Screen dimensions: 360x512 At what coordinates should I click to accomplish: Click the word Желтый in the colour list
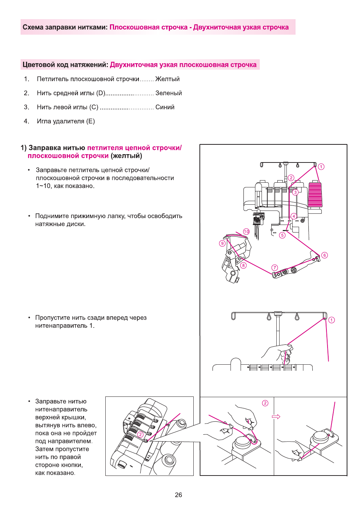click(167, 79)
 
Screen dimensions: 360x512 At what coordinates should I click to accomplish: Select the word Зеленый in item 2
click(168, 93)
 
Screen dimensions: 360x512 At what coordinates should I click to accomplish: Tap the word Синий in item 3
click(165, 107)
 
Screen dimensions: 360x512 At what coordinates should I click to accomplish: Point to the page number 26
click(178, 495)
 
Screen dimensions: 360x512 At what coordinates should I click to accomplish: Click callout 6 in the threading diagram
click(325, 255)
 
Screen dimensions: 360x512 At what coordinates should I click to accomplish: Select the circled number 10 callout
click(246, 231)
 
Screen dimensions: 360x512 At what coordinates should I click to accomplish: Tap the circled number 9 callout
click(222, 243)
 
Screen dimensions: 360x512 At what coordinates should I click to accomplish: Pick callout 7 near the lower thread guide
click(275, 268)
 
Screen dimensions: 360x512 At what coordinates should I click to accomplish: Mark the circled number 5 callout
click(282, 235)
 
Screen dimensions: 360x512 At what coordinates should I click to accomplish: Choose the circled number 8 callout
click(243, 265)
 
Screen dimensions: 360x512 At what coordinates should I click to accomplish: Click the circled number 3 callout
click(295, 192)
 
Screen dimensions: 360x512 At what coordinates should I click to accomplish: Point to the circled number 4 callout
click(294, 216)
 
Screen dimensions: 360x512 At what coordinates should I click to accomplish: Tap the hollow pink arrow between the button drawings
click(276, 417)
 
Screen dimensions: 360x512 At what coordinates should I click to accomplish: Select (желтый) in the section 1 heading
click(126, 156)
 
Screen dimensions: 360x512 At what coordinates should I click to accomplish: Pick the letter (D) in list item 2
click(101, 93)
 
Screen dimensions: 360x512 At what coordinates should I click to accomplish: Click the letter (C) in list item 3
click(94, 107)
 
